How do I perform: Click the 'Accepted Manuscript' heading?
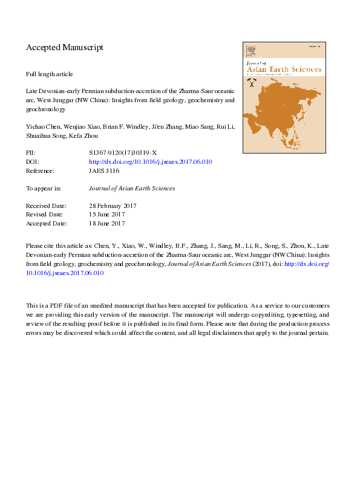[65, 47]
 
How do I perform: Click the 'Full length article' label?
[49, 74]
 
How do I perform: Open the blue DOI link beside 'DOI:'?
[150, 162]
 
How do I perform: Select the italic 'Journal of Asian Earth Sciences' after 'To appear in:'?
[131, 189]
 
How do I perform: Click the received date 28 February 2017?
[113, 206]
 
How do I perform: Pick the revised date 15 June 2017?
[106, 215]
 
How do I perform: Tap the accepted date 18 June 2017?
[106, 224]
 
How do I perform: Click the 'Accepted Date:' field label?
[45, 224]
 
